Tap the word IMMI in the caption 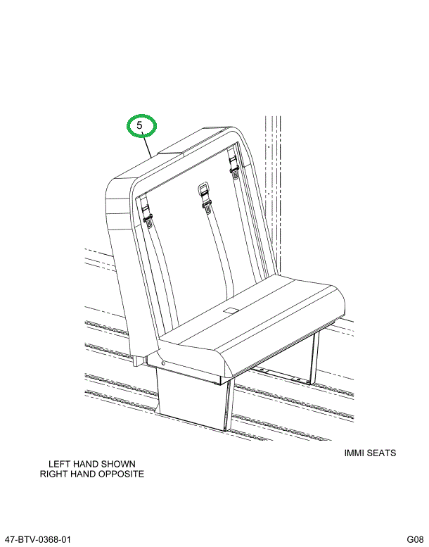point(354,453)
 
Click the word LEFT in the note point(58,464)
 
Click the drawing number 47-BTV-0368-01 point(38,539)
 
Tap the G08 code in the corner point(415,539)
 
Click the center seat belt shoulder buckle point(205,197)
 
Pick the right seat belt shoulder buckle point(234,165)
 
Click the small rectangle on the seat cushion point(231,310)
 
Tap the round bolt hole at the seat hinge point(163,363)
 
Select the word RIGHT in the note point(53,474)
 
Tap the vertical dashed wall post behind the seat point(273,196)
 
